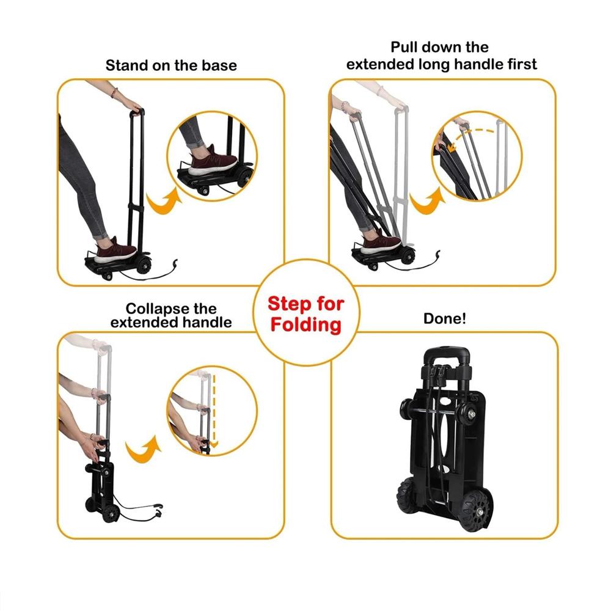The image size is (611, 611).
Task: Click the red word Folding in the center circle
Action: [306, 324]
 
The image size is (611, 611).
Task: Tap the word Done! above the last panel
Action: [445, 318]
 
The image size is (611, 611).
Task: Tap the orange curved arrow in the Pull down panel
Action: [427, 201]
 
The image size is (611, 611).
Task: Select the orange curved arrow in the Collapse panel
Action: [144, 449]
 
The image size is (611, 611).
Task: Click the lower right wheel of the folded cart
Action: [477, 511]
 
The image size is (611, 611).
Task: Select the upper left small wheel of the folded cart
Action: [407, 409]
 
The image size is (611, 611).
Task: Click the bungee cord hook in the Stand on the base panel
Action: [175, 264]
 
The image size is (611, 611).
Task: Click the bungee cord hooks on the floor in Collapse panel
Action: [158, 510]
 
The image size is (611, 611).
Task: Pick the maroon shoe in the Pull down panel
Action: [381, 244]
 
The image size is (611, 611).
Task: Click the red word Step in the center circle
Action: [290, 304]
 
